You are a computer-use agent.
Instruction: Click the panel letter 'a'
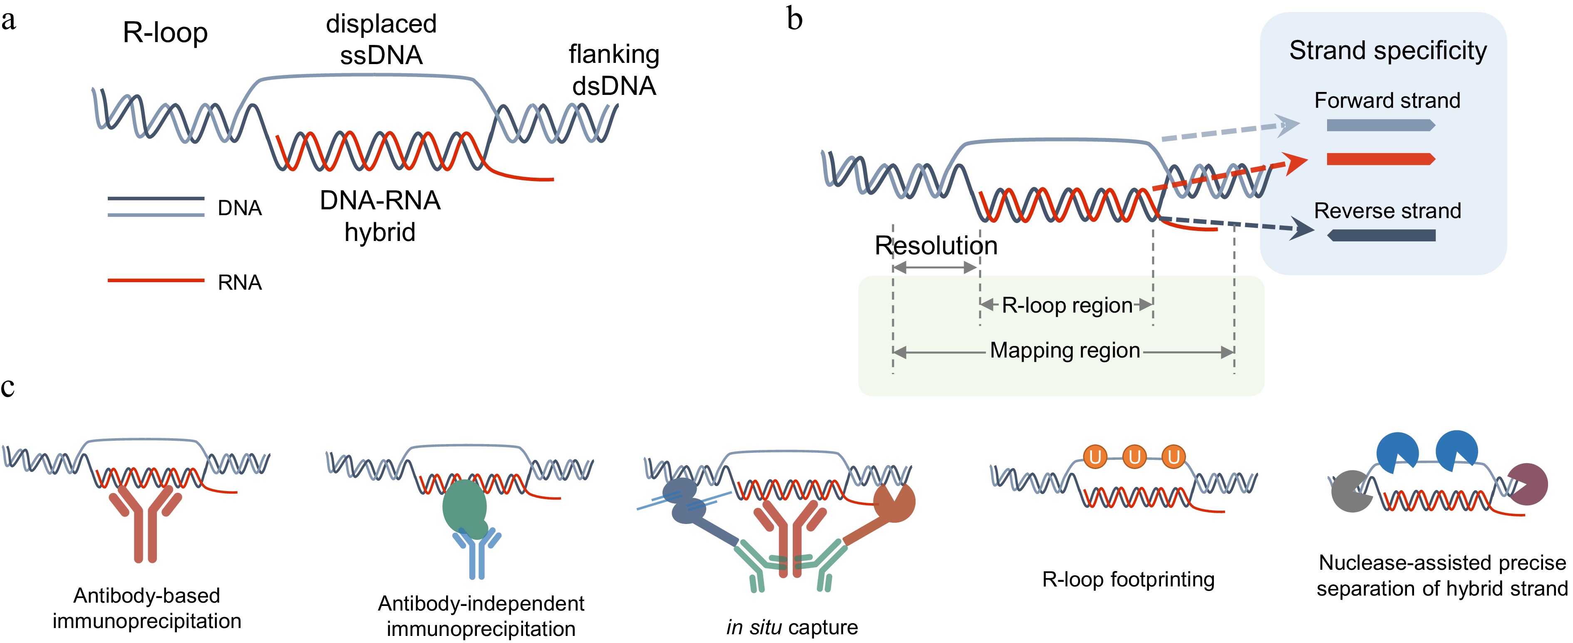pos(9,20)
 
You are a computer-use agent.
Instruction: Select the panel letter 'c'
pos(7,387)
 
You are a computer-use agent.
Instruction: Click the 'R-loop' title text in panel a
pos(165,32)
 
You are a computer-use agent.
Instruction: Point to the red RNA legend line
pos(156,280)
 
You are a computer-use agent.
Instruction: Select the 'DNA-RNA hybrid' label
pos(380,216)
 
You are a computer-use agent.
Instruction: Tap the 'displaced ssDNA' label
pos(381,39)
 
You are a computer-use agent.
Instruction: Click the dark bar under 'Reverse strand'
pos(1381,235)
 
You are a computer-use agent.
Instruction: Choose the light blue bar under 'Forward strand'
pos(1380,126)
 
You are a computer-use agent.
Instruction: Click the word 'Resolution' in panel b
pos(935,246)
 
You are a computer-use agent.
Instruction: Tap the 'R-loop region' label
pos(1067,305)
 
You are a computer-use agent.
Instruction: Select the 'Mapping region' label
pos(1065,350)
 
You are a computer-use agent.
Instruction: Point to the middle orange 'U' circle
pos(1134,457)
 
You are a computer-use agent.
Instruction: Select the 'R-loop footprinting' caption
pos(1128,579)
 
